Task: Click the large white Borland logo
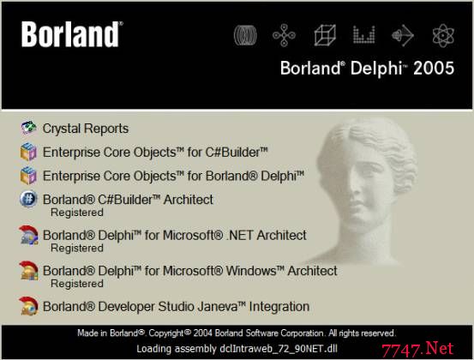click(72, 34)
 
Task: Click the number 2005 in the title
click(434, 68)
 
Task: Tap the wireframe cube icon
click(325, 35)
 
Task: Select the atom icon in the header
click(443, 35)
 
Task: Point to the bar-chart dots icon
click(364, 35)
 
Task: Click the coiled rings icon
click(245, 35)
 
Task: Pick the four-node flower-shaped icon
click(284, 35)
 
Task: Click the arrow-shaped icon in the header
click(403, 35)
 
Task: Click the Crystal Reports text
click(86, 129)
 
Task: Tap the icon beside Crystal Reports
click(29, 128)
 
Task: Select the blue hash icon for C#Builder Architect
click(28, 199)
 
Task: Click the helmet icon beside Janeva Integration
click(29, 306)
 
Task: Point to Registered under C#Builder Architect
click(77, 213)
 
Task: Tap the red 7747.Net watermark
click(417, 349)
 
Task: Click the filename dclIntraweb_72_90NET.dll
click(279, 349)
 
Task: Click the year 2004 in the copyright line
click(203, 333)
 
